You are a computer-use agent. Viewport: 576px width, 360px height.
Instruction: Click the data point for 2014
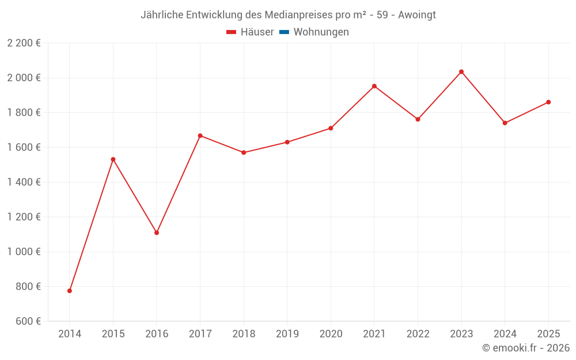(70, 291)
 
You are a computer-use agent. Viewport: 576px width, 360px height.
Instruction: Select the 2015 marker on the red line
(113, 159)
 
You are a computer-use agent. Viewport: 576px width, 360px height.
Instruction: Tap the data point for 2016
(157, 233)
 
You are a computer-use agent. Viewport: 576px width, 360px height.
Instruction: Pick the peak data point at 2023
(461, 71)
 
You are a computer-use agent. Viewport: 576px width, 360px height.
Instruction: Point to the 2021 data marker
(374, 86)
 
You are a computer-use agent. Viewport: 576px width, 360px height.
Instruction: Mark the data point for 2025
(548, 102)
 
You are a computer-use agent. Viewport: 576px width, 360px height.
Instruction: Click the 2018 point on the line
(244, 153)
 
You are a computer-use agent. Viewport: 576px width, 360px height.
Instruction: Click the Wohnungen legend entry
(321, 32)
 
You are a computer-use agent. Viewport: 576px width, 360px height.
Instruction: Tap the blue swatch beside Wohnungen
(284, 32)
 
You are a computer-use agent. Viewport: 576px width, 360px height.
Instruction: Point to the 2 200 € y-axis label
(24, 43)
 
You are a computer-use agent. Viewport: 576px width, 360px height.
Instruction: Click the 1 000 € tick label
(24, 252)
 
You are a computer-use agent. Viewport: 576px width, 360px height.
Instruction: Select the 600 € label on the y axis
(28, 321)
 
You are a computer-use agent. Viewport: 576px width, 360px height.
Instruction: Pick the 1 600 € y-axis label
(24, 147)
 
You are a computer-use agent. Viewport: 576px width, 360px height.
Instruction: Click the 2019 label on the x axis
(287, 334)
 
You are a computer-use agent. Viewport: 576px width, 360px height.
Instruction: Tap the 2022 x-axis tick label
(418, 334)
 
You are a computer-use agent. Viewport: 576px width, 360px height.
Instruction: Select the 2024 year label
(505, 334)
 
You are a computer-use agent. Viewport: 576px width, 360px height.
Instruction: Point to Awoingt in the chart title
(417, 15)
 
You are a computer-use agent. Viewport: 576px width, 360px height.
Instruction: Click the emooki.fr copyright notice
(526, 348)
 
